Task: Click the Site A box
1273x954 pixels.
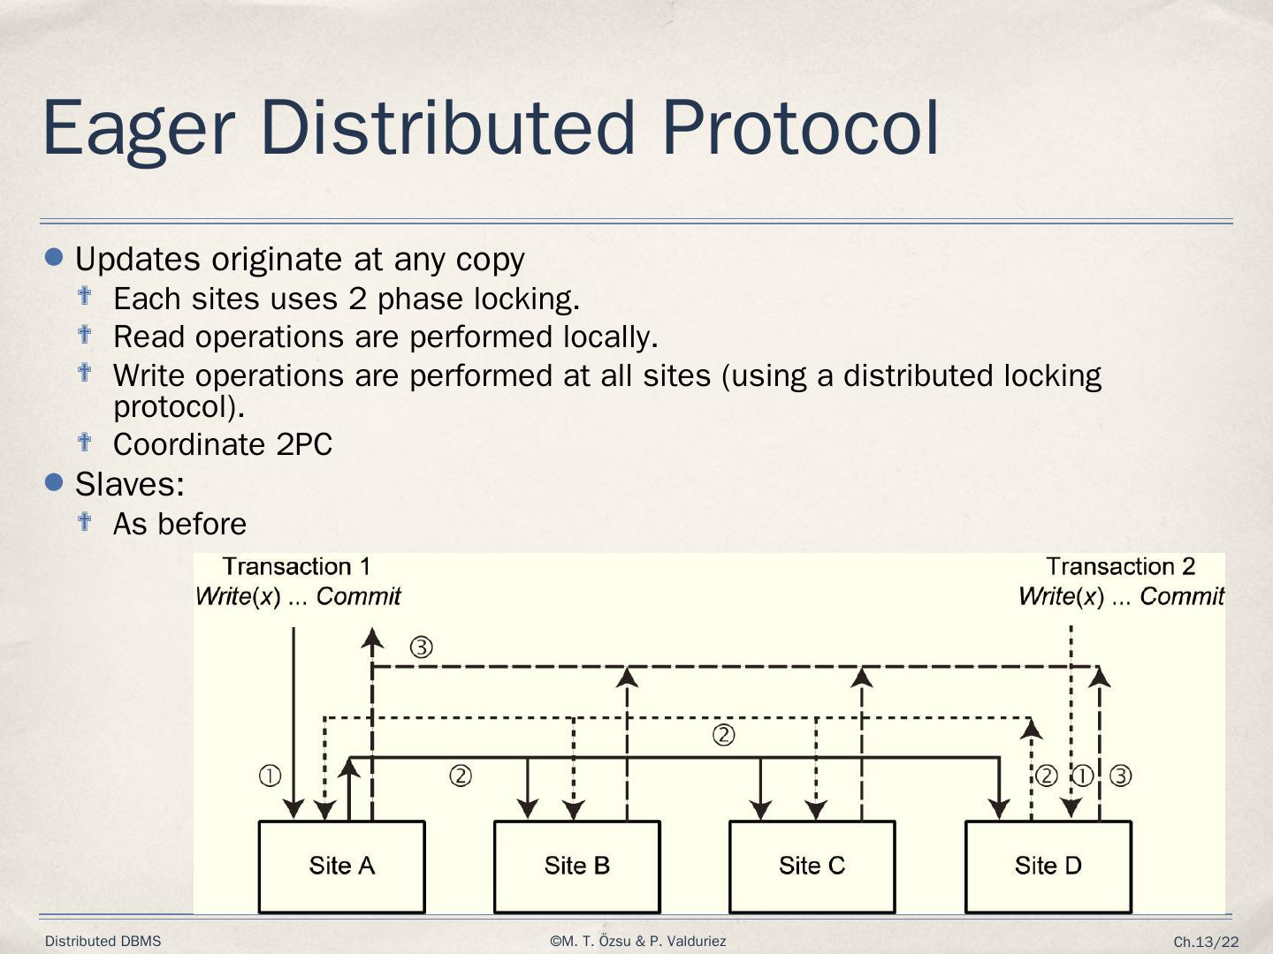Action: click(x=341, y=866)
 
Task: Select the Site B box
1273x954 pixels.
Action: click(x=576, y=866)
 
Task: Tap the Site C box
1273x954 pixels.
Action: click(x=812, y=866)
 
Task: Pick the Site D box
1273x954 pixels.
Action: click(x=1048, y=866)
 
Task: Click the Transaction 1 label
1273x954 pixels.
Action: click(x=296, y=566)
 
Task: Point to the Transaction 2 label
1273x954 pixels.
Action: click(x=1120, y=566)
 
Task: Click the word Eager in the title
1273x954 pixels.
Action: click(x=138, y=128)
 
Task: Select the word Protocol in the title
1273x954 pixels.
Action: click(x=800, y=128)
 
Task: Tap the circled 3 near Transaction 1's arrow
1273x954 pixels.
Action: click(x=422, y=647)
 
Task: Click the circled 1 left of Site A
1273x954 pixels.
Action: click(x=270, y=776)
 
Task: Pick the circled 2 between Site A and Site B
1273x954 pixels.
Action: click(x=461, y=776)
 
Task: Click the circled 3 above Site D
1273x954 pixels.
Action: click(x=1120, y=776)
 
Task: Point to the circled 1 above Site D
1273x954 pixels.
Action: click(x=1083, y=776)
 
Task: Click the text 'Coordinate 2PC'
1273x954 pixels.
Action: click(x=223, y=444)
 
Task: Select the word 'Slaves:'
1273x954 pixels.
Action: click(x=130, y=484)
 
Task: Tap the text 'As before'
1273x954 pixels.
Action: click(x=179, y=524)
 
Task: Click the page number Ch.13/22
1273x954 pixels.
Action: click(x=1206, y=943)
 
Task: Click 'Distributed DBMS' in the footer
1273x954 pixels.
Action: click(x=103, y=942)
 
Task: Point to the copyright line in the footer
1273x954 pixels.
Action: click(x=637, y=942)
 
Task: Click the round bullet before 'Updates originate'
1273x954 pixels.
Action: click(x=55, y=257)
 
